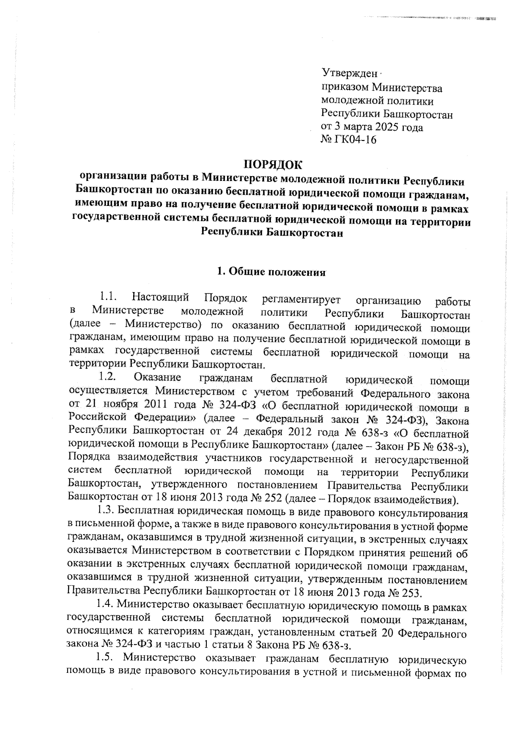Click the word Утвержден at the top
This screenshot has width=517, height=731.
pos(350,74)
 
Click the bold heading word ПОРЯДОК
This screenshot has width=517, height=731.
pos(272,165)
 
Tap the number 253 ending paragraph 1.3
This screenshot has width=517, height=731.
pos(410,593)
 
